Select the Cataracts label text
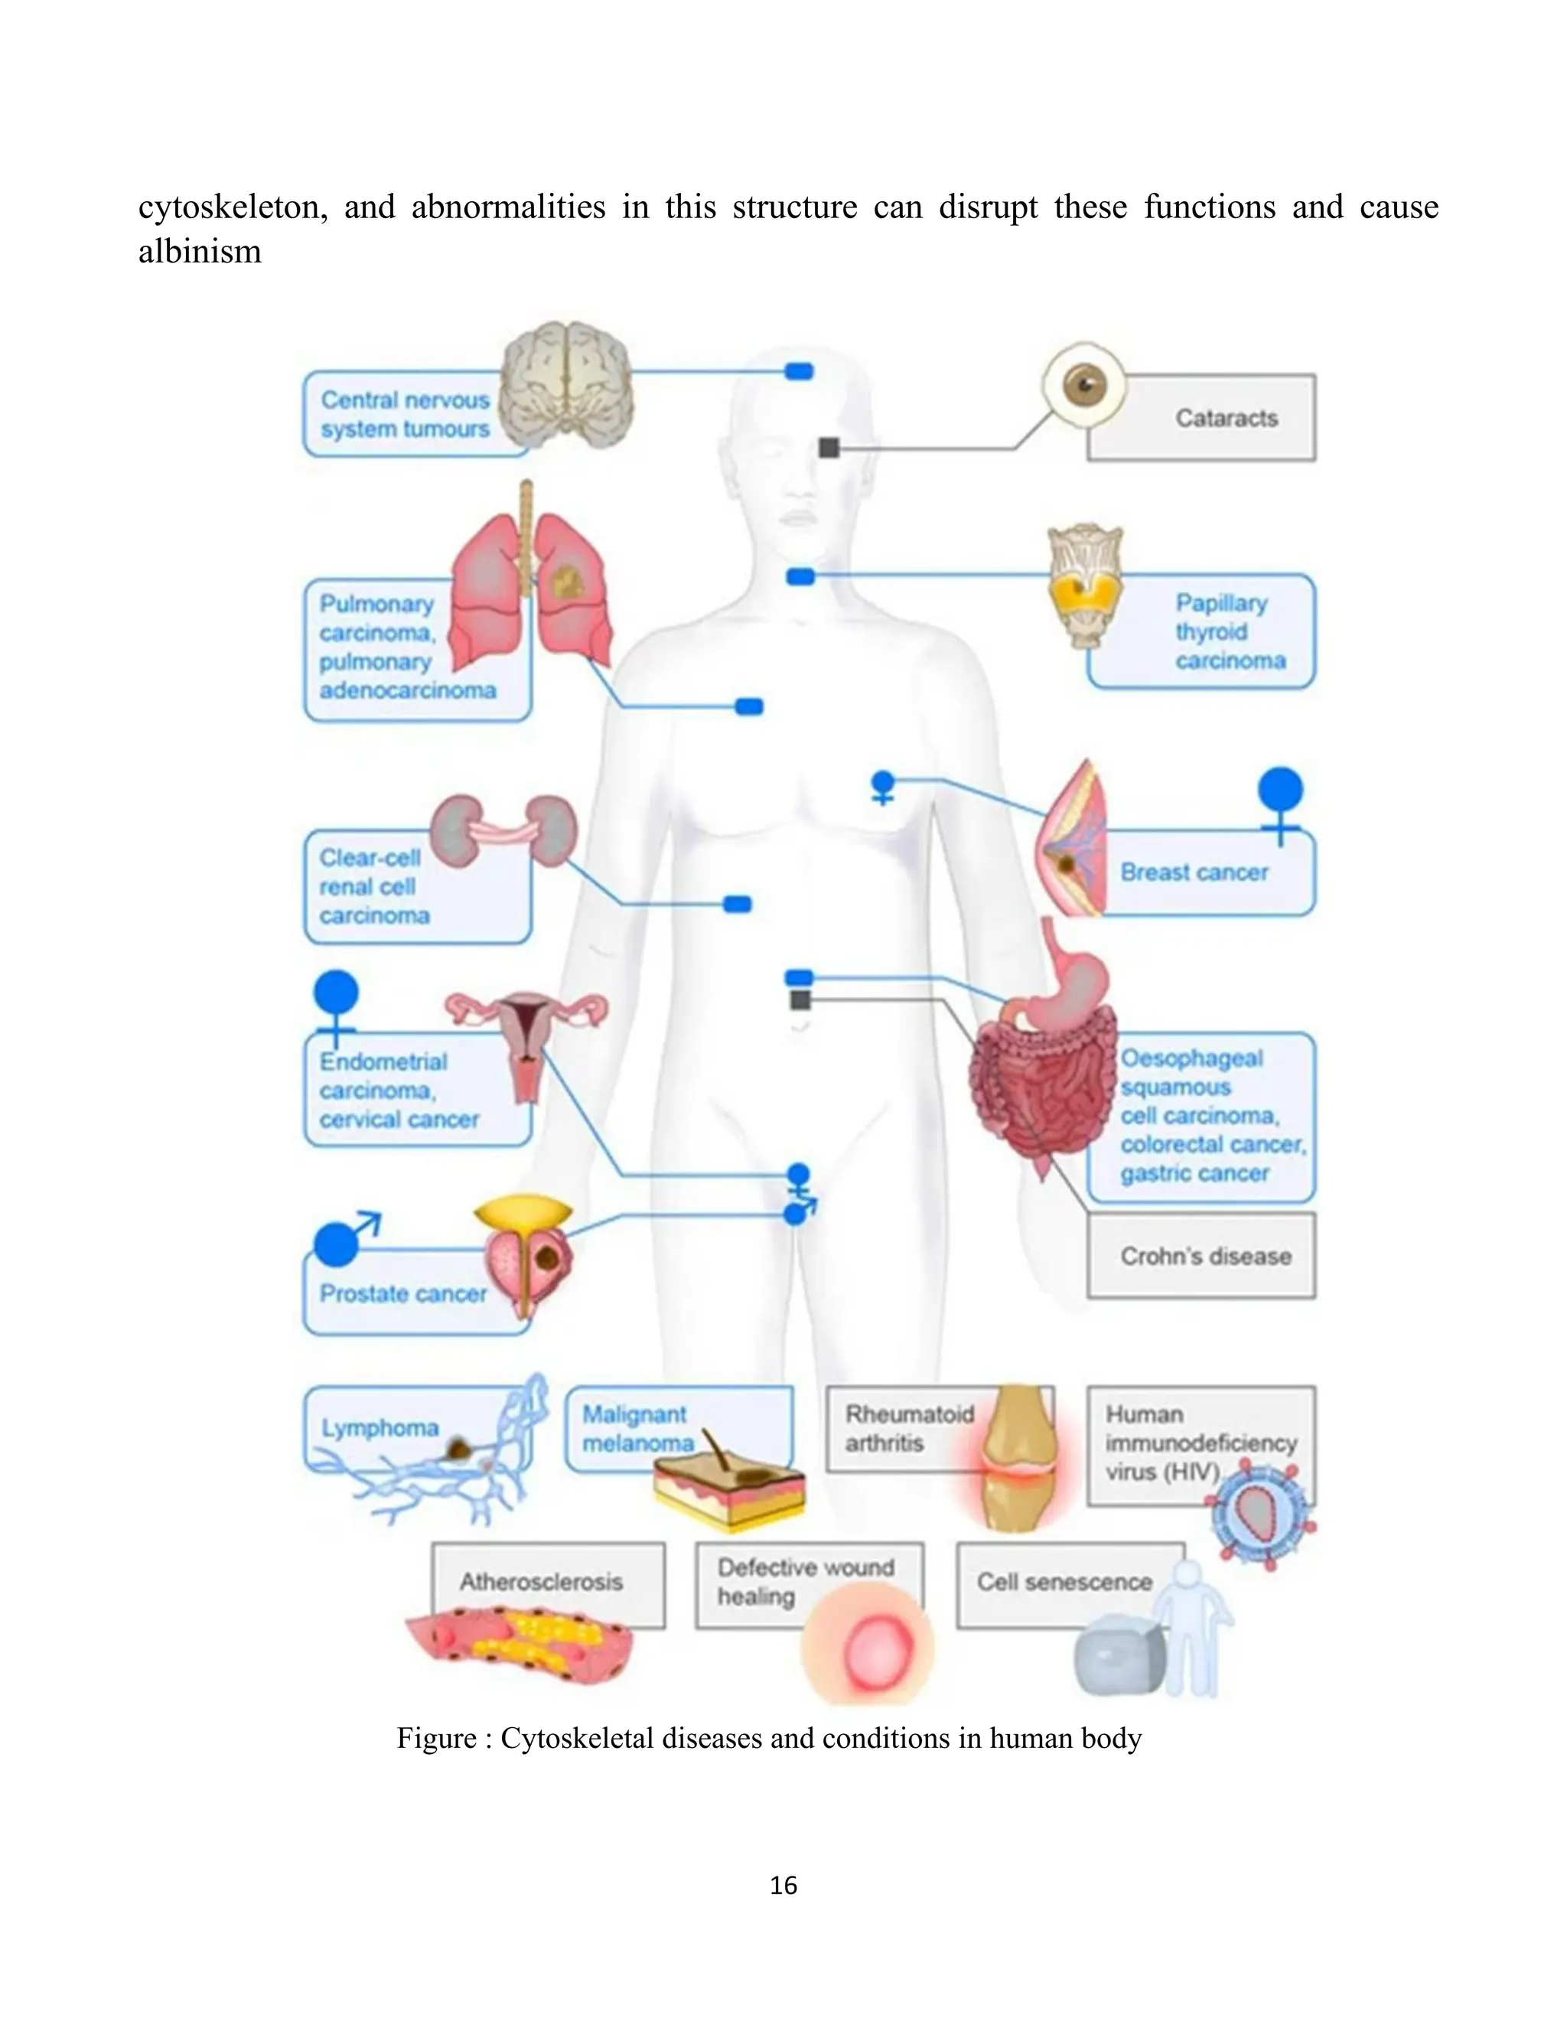[x=1226, y=419]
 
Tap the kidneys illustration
[x=503, y=831]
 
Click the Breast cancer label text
[x=1193, y=873]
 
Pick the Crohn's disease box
[x=1204, y=1257]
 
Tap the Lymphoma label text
[x=380, y=1427]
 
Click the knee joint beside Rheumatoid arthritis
[x=1018, y=1458]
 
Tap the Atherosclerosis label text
[x=541, y=1581]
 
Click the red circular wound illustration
[x=868, y=1650]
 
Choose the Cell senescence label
[x=1063, y=1581]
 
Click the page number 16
[x=783, y=1885]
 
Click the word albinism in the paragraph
[x=200, y=252]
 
